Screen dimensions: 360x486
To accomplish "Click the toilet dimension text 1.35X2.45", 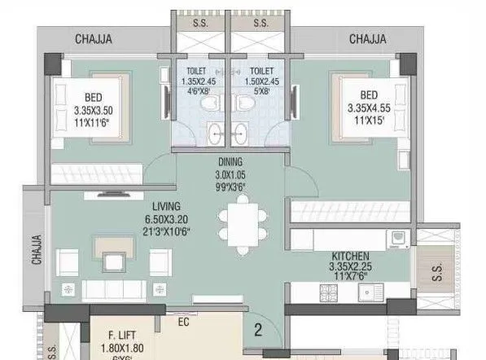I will [x=199, y=81].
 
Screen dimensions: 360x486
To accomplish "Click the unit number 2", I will [x=256, y=330].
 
